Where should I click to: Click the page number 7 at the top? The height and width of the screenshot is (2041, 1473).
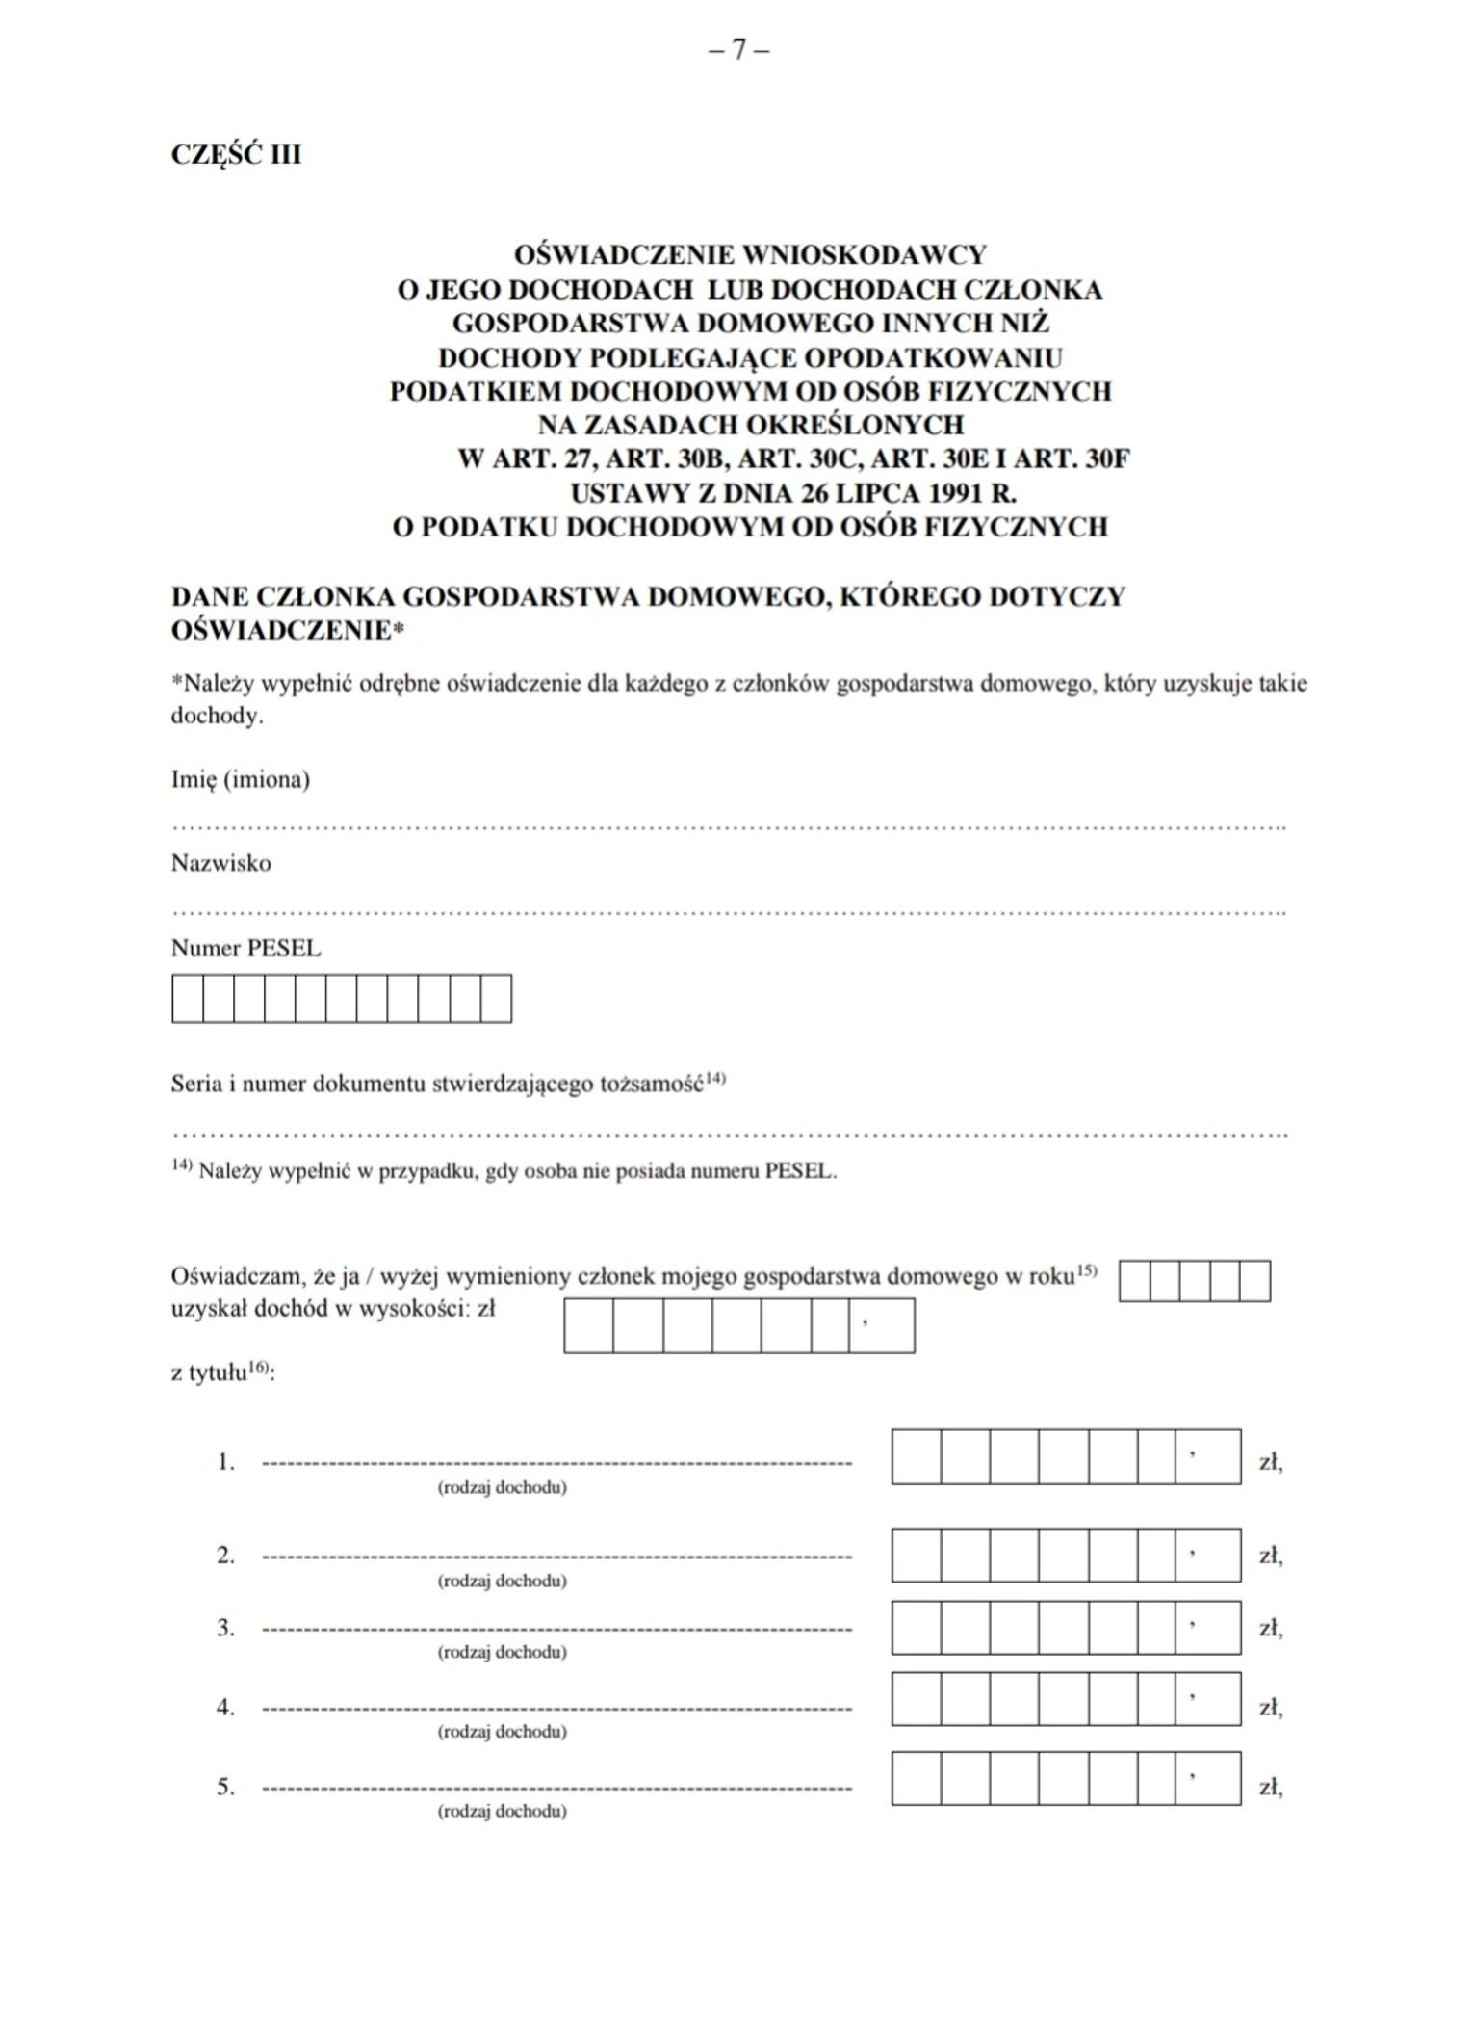(738, 50)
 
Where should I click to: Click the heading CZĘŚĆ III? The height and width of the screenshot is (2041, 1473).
(236, 155)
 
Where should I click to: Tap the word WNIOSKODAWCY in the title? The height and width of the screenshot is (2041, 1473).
(865, 255)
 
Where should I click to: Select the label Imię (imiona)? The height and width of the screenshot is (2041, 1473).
(241, 779)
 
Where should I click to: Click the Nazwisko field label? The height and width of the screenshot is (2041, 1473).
(221, 863)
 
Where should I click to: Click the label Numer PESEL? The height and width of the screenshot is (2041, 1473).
(245, 948)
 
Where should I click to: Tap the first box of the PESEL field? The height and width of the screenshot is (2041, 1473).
(188, 998)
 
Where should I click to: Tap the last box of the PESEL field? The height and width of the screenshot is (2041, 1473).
(496, 998)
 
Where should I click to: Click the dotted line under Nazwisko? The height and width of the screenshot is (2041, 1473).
(729, 910)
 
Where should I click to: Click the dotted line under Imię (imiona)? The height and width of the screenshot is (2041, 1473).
(729, 826)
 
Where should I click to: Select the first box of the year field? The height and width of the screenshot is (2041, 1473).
(1134, 1281)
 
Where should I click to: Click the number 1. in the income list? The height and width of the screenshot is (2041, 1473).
(225, 1462)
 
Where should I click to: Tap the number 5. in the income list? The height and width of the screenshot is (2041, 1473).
(225, 1787)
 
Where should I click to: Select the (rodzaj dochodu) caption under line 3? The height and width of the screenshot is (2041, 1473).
(502, 1652)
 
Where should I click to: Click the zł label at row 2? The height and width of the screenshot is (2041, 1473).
(1270, 1556)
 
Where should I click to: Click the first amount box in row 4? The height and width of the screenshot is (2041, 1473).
(916, 1698)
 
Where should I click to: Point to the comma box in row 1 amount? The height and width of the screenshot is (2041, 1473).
(1207, 1456)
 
